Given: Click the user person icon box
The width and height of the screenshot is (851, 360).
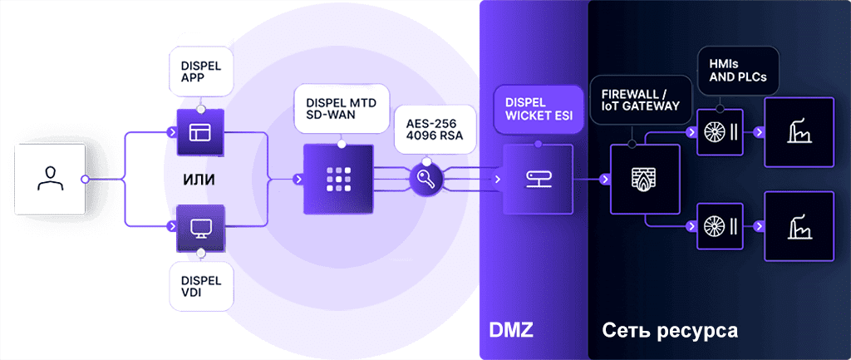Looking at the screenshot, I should coord(50,179).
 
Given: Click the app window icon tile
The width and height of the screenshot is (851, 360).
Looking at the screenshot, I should coord(200,131).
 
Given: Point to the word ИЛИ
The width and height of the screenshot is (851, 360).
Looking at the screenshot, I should coord(200,180).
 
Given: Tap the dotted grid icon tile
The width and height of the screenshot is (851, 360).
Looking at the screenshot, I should coord(335,179).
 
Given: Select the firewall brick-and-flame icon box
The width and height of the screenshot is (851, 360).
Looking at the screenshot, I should coord(645,179).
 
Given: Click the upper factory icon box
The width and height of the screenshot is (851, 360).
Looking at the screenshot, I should coord(799,132).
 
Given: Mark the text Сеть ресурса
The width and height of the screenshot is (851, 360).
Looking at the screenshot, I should coord(669,331).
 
